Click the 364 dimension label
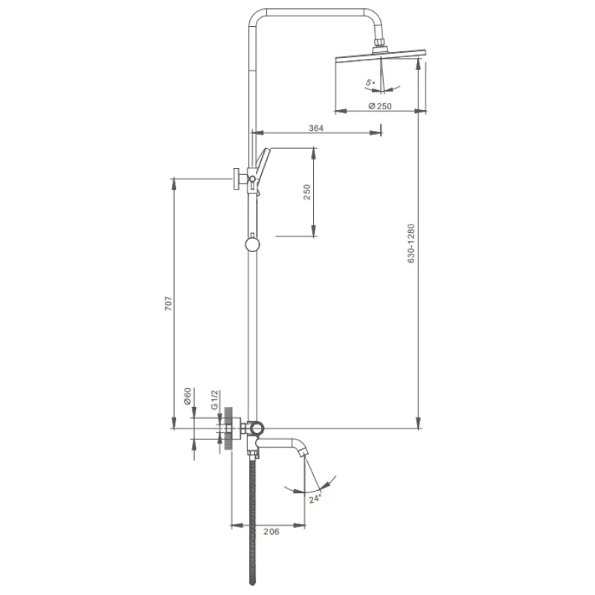point(315,128)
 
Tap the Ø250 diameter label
point(380,106)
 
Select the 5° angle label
point(370,83)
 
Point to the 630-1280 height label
point(411,244)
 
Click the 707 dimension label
point(168,303)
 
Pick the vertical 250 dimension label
point(306,192)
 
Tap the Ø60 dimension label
point(187,396)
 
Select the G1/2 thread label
point(215,399)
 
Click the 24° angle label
point(315,498)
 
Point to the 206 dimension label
point(271,532)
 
